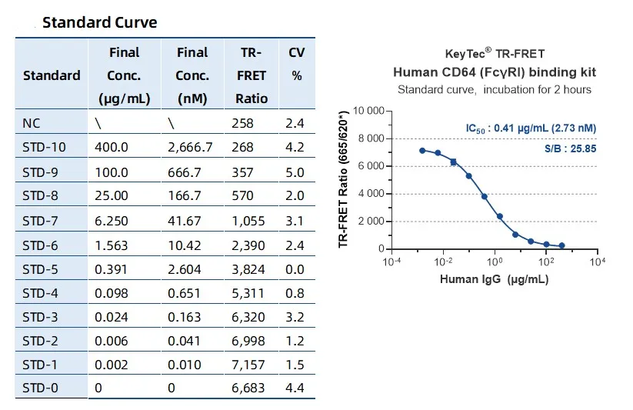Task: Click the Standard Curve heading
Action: (x=100, y=22)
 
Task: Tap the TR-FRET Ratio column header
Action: (x=250, y=75)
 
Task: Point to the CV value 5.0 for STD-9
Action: (x=295, y=172)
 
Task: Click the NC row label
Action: (x=32, y=122)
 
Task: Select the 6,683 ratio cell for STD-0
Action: (x=248, y=388)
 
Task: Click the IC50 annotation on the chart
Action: (x=530, y=128)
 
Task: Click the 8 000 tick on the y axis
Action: (x=368, y=138)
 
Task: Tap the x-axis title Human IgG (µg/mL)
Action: (x=494, y=279)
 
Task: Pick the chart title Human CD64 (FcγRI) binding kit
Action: (x=494, y=72)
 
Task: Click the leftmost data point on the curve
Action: (x=422, y=151)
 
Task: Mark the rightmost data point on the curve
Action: (x=561, y=245)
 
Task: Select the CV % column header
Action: (x=296, y=64)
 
